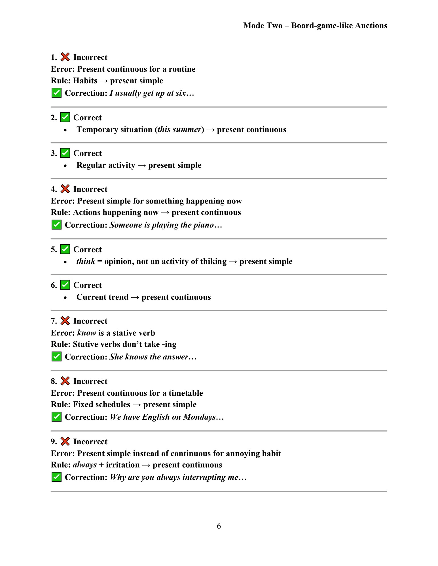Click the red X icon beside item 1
(x=65, y=57)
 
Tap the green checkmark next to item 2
(x=65, y=117)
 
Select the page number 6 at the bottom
(x=219, y=526)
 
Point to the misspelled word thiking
(x=213, y=261)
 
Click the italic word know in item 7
(x=86, y=333)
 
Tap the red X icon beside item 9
(x=65, y=441)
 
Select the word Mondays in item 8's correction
(x=199, y=417)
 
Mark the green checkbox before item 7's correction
(x=56, y=356)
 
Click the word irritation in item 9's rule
(x=123, y=465)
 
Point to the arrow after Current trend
(x=135, y=297)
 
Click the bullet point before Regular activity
(x=65, y=166)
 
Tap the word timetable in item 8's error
(x=186, y=393)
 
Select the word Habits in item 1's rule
(x=85, y=81)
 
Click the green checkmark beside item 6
(x=65, y=285)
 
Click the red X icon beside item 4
(x=65, y=189)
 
